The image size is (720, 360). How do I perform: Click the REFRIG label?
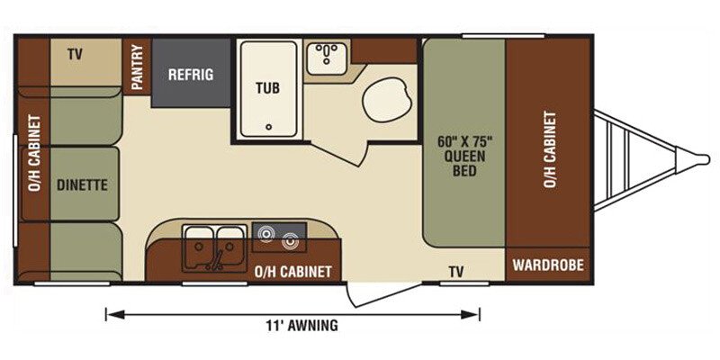point(191,75)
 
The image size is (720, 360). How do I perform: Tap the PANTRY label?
point(138,67)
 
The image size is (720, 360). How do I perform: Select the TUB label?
point(267,87)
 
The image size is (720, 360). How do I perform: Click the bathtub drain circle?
point(268,127)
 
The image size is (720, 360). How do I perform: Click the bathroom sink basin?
point(327,58)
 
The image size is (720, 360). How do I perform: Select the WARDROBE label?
point(548,265)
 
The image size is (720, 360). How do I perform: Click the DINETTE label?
point(82,184)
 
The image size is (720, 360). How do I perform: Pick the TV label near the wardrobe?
point(456,273)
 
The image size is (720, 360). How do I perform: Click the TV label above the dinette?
point(75,55)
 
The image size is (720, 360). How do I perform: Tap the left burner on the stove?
point(265,235)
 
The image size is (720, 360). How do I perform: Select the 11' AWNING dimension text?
point(301,326)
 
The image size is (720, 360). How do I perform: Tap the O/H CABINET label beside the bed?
point(550,149)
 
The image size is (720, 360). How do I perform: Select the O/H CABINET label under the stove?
point(293,272)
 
